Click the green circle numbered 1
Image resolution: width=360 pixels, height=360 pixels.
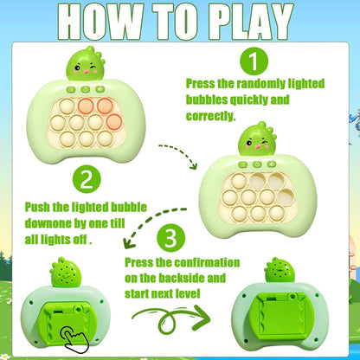click(254, 61)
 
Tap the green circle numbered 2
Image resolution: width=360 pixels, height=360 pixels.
click(87, 180)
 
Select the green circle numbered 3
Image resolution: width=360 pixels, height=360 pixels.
click(171, 238)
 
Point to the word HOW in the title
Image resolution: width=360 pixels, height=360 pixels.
click(101, 22)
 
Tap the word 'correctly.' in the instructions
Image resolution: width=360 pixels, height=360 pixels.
click(211, 116)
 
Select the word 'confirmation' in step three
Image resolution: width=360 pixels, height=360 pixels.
click(207, 262)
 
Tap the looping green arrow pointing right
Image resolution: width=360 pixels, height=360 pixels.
click(171, 319)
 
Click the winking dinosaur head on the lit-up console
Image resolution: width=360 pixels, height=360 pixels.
click(86, 63)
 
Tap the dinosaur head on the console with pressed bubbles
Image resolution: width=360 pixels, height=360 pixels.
click(257, 138)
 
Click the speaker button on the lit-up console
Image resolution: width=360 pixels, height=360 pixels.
click(100, 89)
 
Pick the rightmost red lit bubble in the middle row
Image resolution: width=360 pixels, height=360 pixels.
click(114, 122)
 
